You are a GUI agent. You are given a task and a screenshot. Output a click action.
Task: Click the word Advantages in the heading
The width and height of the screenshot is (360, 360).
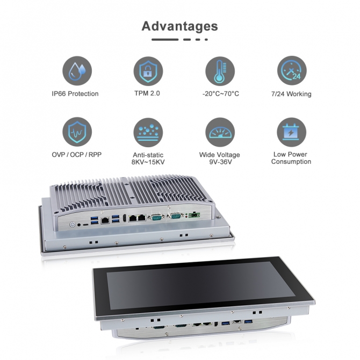[x=179, y=26]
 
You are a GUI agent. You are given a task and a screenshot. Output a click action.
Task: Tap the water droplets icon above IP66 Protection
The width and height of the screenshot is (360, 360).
[x=77, y=71]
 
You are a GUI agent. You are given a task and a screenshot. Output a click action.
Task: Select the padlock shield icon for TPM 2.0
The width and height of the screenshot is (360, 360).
[x=148, y=71]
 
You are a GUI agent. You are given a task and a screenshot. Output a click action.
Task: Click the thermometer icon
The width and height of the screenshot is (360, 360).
[x=220, y=71]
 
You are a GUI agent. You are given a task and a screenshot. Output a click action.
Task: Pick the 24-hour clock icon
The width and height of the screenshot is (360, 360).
[x=292, y=71]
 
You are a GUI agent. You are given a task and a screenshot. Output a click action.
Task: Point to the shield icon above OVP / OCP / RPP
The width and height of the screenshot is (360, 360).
[x=77, y=132]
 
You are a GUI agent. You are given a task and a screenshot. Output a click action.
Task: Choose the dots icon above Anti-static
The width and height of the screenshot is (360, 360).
[x=148, y=133]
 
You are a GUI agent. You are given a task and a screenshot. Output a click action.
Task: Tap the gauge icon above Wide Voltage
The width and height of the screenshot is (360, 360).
[x=220, y=132]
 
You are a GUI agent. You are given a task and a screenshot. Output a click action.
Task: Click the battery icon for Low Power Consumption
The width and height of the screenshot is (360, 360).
[x=292, y=132]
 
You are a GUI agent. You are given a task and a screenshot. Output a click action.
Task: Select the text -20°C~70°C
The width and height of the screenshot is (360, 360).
[x=221, y=93]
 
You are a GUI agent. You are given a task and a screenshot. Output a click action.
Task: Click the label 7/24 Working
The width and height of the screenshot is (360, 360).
[x=291, y=94]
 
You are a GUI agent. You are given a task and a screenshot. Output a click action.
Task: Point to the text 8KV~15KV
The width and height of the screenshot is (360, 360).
[x=148, y=162]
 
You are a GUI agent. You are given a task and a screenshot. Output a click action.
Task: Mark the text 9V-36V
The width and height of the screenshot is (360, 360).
[x=220, y=162]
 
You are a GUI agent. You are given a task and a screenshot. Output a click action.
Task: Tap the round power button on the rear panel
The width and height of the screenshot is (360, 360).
[x=73, y=224]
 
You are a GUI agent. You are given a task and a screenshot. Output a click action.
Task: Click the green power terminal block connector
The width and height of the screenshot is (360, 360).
[x=194, y=215]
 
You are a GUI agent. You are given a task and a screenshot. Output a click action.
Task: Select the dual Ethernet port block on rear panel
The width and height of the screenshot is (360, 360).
[x=138, y=218]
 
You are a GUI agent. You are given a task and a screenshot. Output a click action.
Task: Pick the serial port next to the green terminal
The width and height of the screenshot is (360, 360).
[x=176, y=216]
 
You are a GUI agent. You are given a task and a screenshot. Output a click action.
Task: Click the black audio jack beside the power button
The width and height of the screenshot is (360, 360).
[x=79, y=225]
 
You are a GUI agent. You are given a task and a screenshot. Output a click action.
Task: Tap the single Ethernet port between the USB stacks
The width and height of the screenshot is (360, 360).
[x=105, y=220]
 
